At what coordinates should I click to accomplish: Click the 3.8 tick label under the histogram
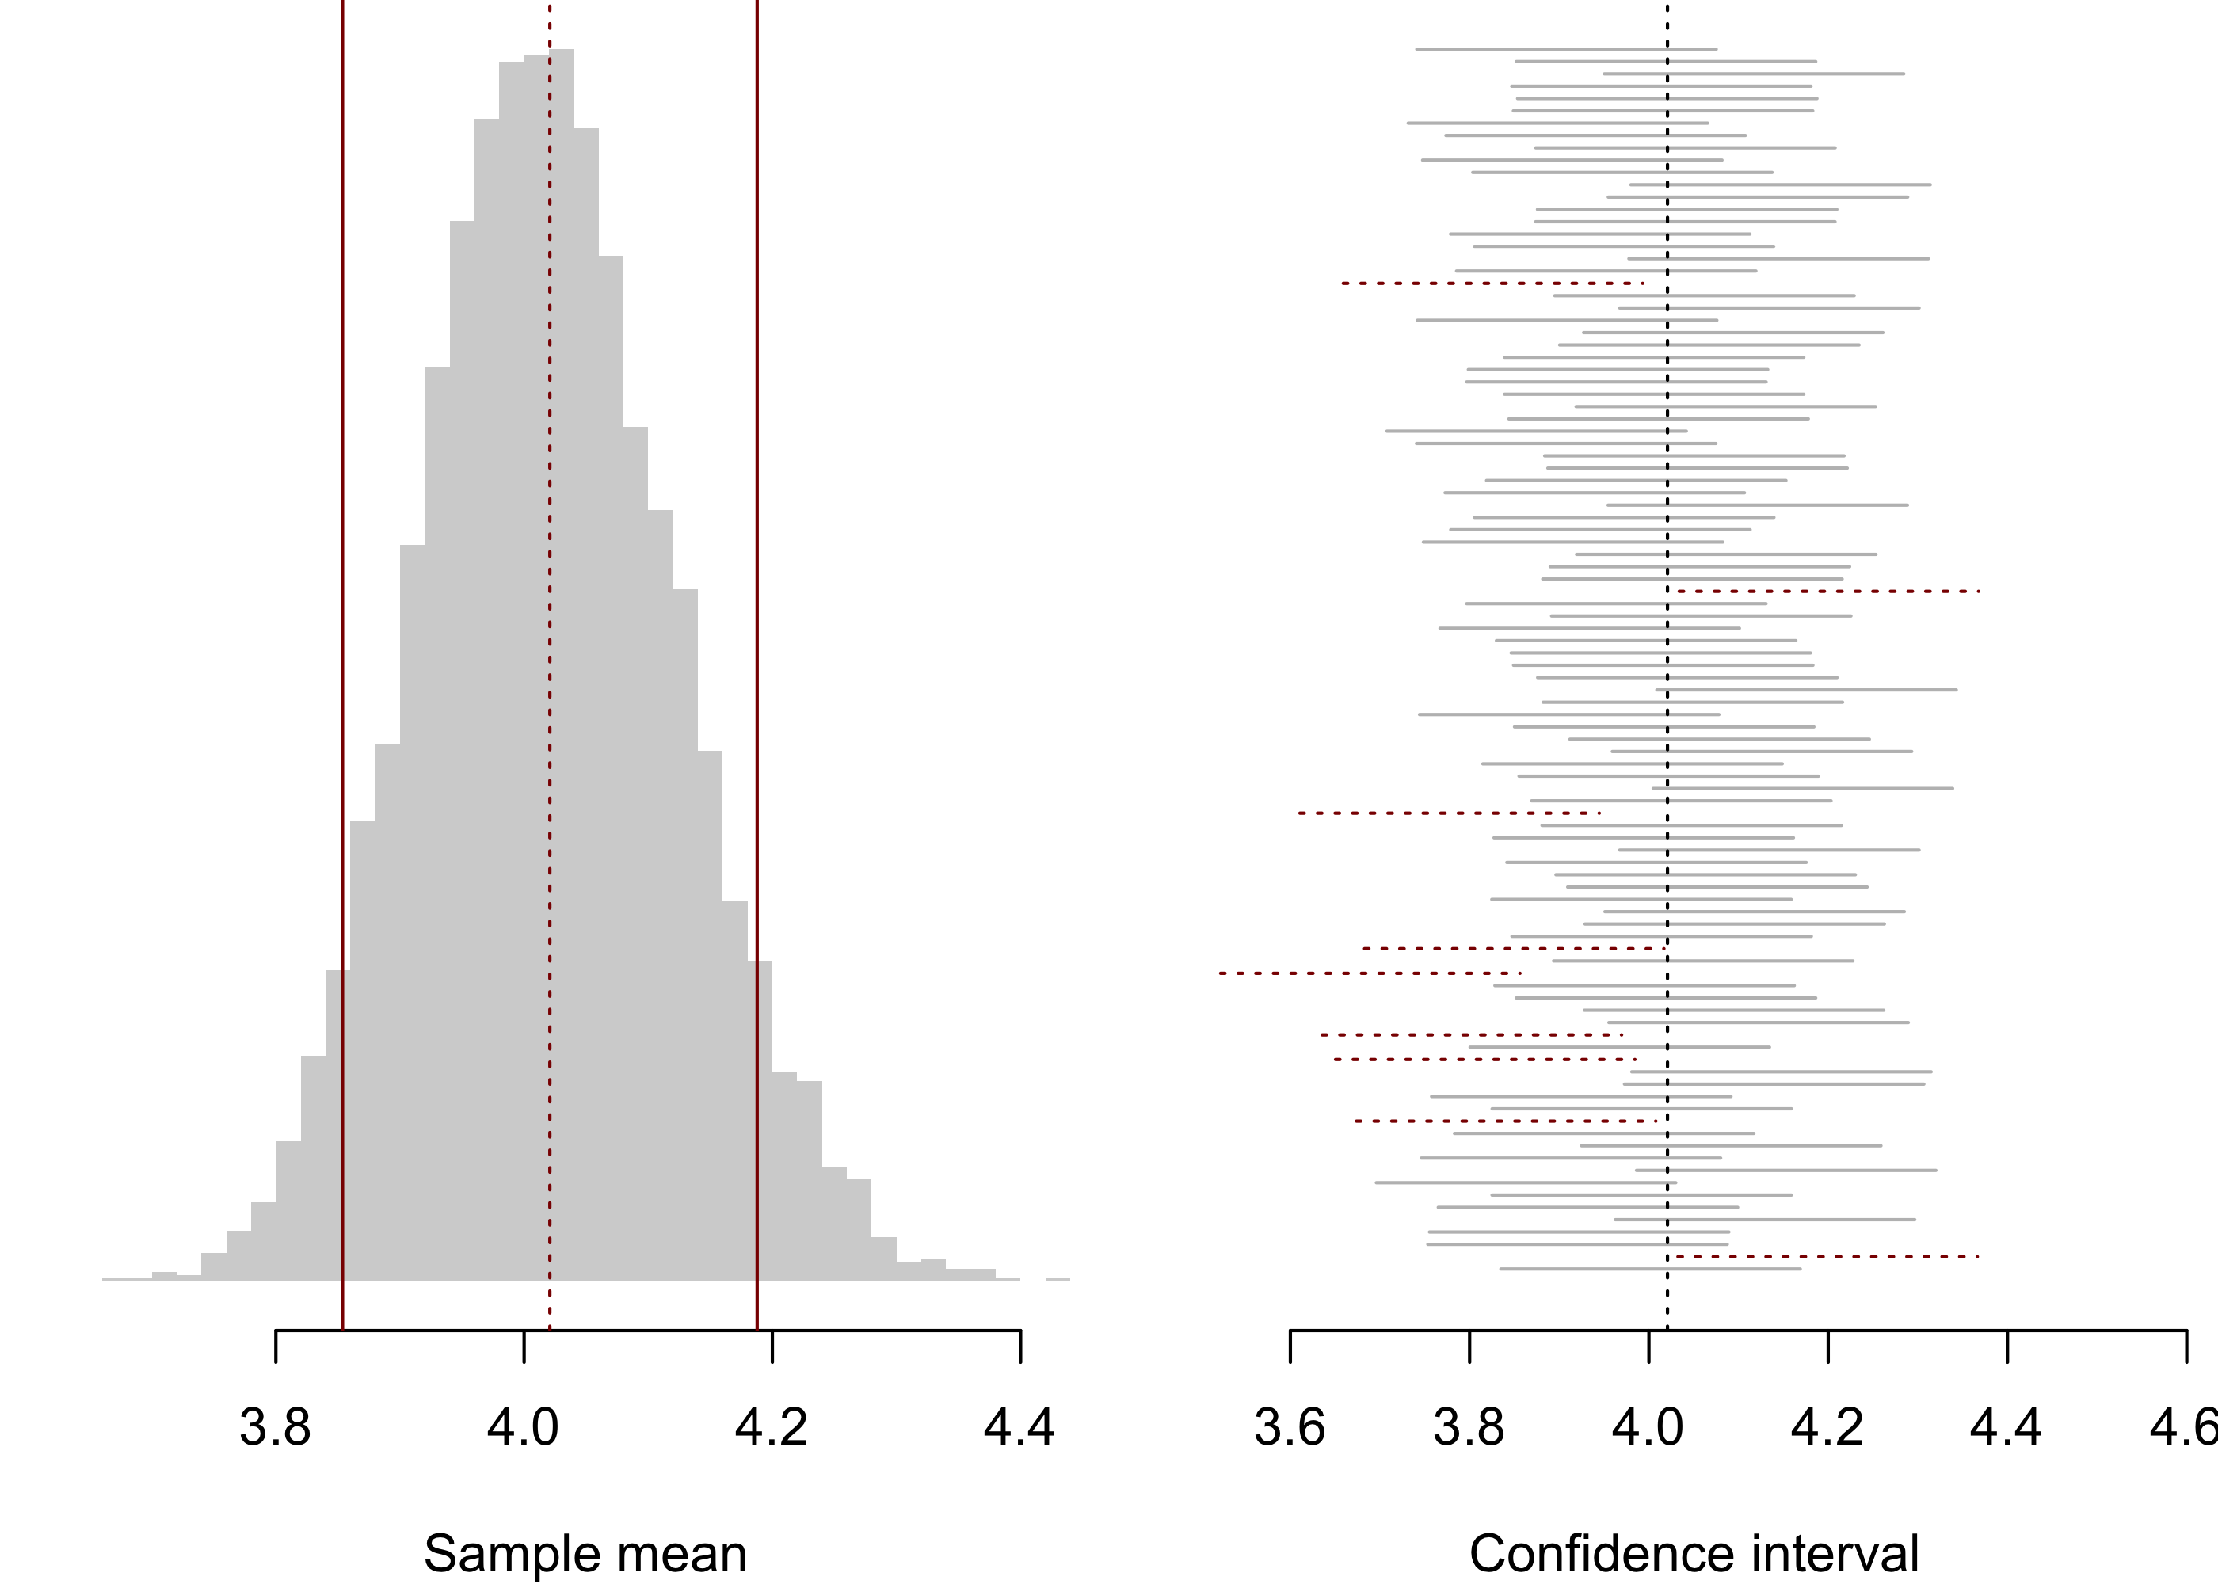click(x=275, y=1428)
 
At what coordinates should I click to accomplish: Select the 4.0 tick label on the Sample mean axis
click(x=523, y=1428)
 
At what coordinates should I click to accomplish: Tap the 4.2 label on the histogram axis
click(x=772, y=1428)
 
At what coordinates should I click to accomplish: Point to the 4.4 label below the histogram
click(x=1019, y=1428)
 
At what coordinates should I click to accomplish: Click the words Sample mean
click(x=585, y=1553)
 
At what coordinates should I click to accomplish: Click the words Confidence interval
click(x=1694, y=1553)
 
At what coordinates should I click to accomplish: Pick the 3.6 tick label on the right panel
click(x=1290, y=1428)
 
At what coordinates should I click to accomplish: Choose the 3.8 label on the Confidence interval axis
click(x=1469, y=1428)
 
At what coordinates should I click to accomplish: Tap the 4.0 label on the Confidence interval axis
click(x=1648, y=1428)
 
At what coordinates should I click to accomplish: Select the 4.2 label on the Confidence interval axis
click(x=1827, y=1428)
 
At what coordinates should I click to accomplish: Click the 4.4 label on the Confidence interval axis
click(x=2006, y=1428)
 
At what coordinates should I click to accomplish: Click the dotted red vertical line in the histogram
click(x=550, y=683)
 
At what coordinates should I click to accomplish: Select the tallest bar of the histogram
click(x=561, y=585)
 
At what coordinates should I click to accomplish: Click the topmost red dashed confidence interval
click(x=1492, y=284)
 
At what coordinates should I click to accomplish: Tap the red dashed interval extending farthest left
click(x=1370, y=973)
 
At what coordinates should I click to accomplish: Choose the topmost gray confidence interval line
click(x=1565, y=49)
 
